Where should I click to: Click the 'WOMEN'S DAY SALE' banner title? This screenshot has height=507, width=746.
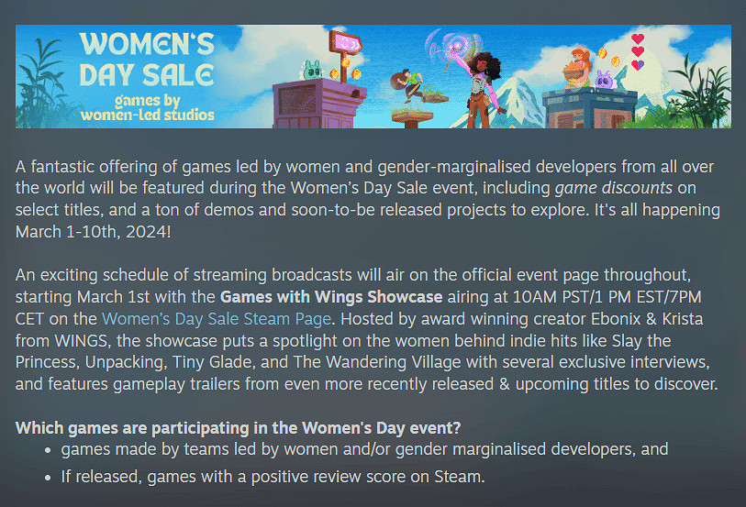146,59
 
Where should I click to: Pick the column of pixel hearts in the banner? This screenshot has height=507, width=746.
639,52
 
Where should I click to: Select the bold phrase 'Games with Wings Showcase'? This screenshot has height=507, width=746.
331,299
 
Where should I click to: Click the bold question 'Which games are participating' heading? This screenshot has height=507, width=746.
239,427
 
